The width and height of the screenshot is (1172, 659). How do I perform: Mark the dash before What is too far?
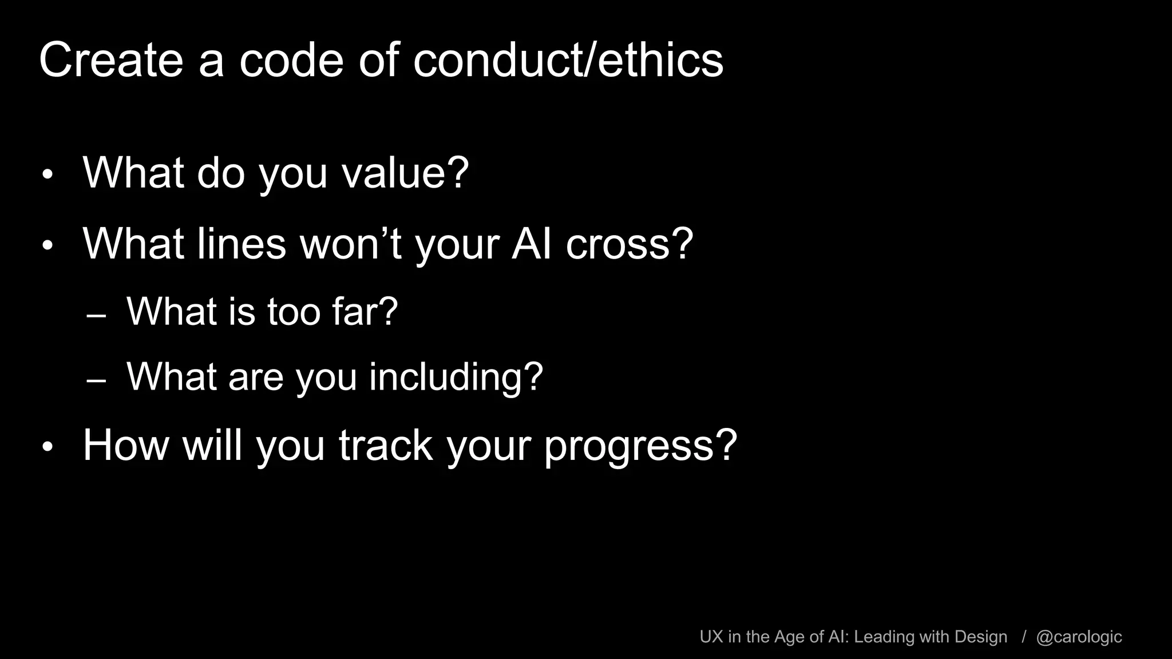point(96,316)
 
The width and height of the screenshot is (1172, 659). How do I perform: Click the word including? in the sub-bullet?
point(456,376)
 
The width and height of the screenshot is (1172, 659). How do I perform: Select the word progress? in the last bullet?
point(640,446)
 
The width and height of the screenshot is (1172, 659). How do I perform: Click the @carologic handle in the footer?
point(1079,637)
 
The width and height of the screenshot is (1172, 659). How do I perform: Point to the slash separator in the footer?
point(1024,637)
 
